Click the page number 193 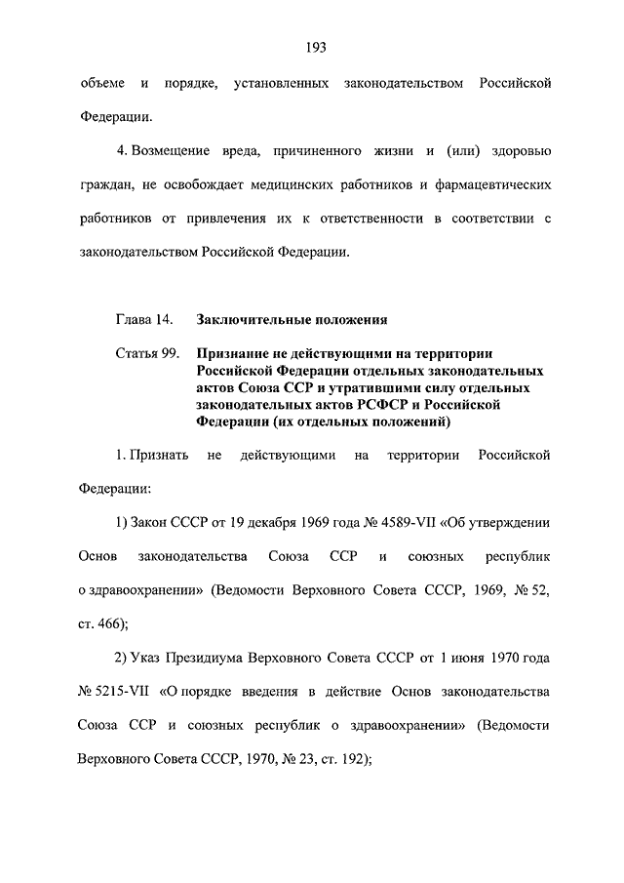[314, 47]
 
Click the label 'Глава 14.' [144, 319]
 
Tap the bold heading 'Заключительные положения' [292, 319]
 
